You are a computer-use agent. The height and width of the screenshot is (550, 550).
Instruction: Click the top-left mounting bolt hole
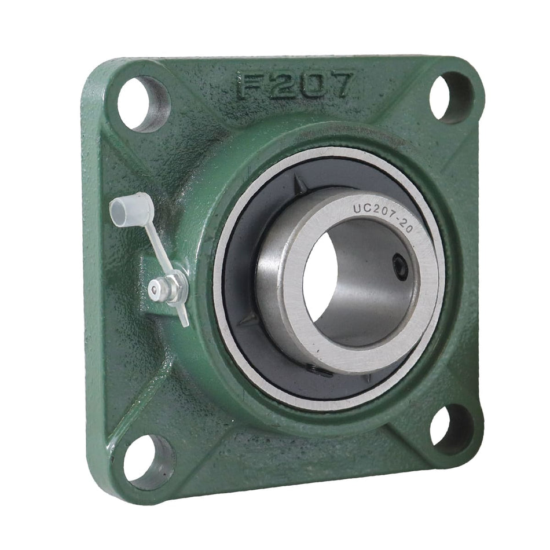click(x=143, y=104)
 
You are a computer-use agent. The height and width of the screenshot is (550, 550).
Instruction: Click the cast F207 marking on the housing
click(x=294, y=85)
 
